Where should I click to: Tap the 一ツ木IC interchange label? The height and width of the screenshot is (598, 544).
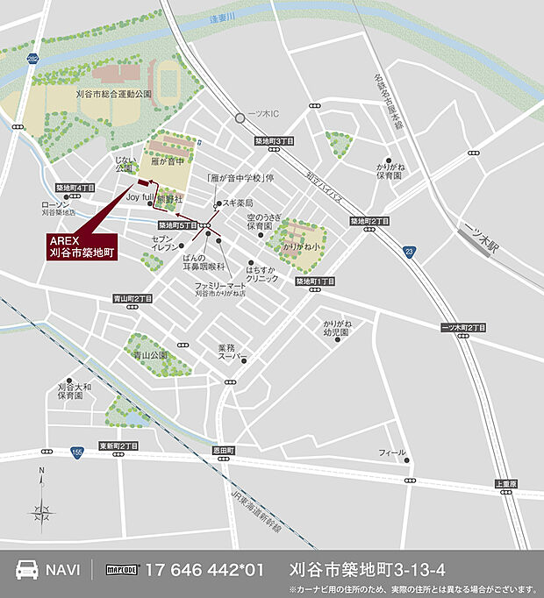tap(261, 117)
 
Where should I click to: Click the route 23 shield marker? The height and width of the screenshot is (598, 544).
tap(410, 253)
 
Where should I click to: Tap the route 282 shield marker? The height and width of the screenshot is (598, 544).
tap(32, 59)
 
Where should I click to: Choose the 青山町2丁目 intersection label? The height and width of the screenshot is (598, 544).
tap(132, 298)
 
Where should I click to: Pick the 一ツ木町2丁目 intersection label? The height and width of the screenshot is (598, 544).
tap(463, 327)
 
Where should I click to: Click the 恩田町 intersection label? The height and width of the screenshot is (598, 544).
tap(224, 449)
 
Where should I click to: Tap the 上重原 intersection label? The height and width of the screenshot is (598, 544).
tap(506, 483)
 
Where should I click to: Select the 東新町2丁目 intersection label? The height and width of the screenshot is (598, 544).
tap(118, 445)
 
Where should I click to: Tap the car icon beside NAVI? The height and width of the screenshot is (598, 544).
tap(26, 569)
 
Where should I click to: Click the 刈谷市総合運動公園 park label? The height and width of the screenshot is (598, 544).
tap(113, 92)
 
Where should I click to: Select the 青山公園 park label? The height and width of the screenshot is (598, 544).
tap(149, 355)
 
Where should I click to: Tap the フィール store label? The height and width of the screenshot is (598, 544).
tap(392, 452)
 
